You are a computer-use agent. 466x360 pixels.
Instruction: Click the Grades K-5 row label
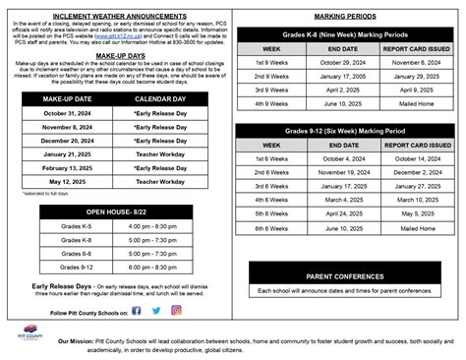pos(76,227)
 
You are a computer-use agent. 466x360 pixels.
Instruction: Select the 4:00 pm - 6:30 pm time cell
pos(151,227)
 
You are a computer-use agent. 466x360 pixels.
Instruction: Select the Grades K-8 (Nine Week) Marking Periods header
pos(348,33)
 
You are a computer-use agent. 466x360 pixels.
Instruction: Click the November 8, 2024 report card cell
pos(417,61)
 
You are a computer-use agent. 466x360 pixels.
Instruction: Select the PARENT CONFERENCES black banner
pos(348,275)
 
